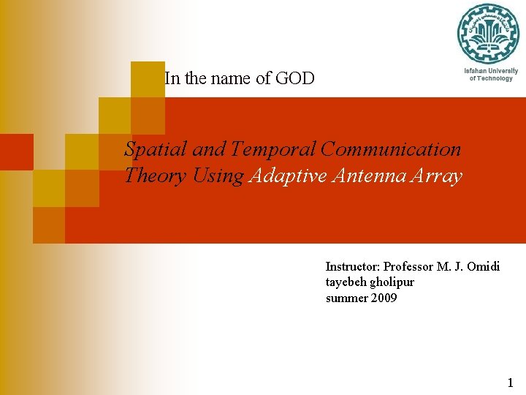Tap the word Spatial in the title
150,149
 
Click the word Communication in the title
391,149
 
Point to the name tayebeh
346,282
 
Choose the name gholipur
392,282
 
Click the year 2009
384,298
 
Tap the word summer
346,298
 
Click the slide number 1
510,382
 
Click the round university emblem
487,34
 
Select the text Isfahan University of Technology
491,75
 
